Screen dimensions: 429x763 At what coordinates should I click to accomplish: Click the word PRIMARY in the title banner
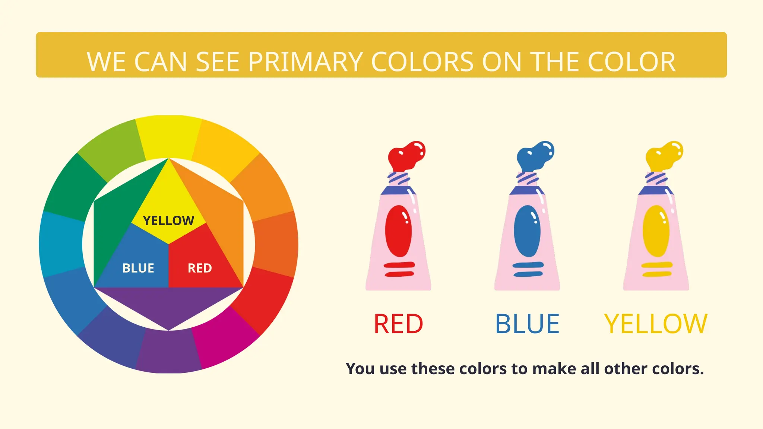[305, 62]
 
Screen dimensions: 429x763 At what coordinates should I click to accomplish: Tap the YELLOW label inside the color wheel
[168, 220]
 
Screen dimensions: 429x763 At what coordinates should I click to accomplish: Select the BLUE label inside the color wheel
[138, 268]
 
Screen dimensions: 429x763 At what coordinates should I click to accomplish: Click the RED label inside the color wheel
[200, 268]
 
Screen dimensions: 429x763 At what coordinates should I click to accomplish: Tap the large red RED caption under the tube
[398, 324]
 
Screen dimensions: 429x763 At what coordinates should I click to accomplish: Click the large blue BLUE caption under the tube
[527, 324]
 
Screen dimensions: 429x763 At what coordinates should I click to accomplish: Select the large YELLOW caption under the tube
[656, 324]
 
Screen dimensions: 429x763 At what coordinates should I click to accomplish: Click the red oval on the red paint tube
[398, 231]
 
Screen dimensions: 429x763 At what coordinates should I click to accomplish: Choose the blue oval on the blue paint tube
[527, 231]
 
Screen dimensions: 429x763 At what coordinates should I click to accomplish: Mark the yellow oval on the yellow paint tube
[656, 231]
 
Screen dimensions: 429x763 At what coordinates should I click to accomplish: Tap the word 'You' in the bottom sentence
[360, 369]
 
